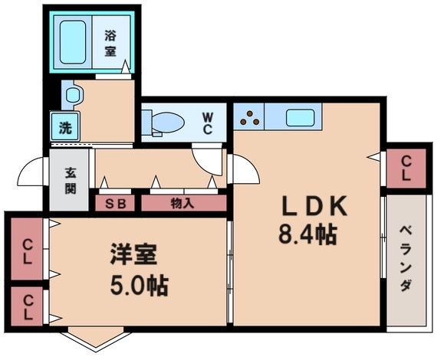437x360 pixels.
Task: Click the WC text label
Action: tap(208, 123)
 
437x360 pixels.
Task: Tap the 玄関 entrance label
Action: tap(71, 180)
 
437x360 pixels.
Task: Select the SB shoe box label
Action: tap(116, 203)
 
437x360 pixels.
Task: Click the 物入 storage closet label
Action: tap(182, 203)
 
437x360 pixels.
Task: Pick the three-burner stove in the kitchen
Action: tap(249, 117)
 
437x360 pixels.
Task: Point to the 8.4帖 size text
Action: tap(307, 234)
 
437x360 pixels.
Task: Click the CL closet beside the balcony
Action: tap(406, 167)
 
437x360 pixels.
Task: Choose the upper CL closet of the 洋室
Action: tap(28, 250)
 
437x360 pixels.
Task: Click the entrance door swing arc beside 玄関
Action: tap(33, 172)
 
